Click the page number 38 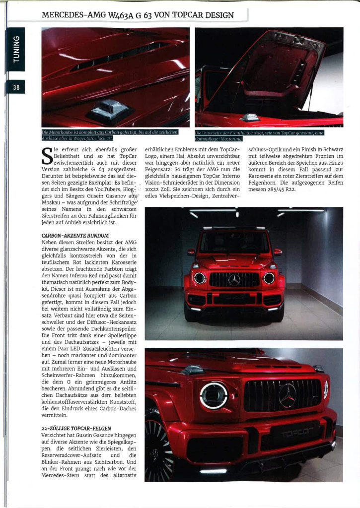(16, 88)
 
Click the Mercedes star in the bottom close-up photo (287, 395)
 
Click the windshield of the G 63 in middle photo (234, 243)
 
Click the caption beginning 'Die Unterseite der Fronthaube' (260, 135)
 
